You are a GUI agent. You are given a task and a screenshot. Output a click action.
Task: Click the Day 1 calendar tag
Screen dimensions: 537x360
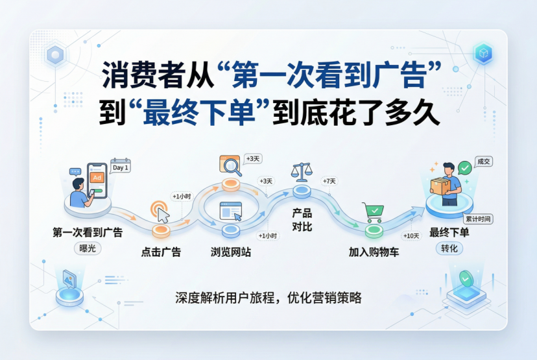121,166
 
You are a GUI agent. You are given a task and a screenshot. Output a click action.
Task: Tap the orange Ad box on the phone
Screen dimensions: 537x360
97,178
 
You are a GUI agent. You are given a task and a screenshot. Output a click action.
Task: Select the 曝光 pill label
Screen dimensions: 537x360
88,248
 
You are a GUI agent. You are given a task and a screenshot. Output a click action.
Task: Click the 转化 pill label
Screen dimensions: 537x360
449,248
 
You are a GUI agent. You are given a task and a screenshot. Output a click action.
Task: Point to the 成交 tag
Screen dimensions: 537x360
484,162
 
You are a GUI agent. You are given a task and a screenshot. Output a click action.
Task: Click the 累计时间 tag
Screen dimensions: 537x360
478,219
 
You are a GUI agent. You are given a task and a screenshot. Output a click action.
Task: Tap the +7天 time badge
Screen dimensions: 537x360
329,181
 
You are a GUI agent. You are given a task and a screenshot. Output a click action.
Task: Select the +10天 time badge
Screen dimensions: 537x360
411,236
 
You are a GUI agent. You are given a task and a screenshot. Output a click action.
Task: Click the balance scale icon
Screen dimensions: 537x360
302,172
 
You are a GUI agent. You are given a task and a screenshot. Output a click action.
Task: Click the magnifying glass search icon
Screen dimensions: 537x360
230,166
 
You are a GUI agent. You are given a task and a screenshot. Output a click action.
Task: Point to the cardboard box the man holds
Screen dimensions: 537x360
440,187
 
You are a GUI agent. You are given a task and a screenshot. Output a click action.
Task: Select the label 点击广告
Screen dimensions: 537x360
161,252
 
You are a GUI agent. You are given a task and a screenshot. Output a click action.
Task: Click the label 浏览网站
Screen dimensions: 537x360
231,252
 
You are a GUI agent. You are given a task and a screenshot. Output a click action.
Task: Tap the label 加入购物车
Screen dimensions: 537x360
374,252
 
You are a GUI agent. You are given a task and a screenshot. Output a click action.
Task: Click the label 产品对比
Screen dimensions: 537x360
302,220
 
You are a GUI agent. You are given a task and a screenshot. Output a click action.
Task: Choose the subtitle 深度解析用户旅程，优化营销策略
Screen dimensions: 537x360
268,298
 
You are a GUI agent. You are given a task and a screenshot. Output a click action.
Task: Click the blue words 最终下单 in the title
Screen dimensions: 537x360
199,112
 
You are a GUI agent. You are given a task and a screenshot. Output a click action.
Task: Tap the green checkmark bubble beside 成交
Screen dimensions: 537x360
465,168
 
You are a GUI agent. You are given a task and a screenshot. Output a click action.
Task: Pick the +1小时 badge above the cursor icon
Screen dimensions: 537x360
182,197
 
